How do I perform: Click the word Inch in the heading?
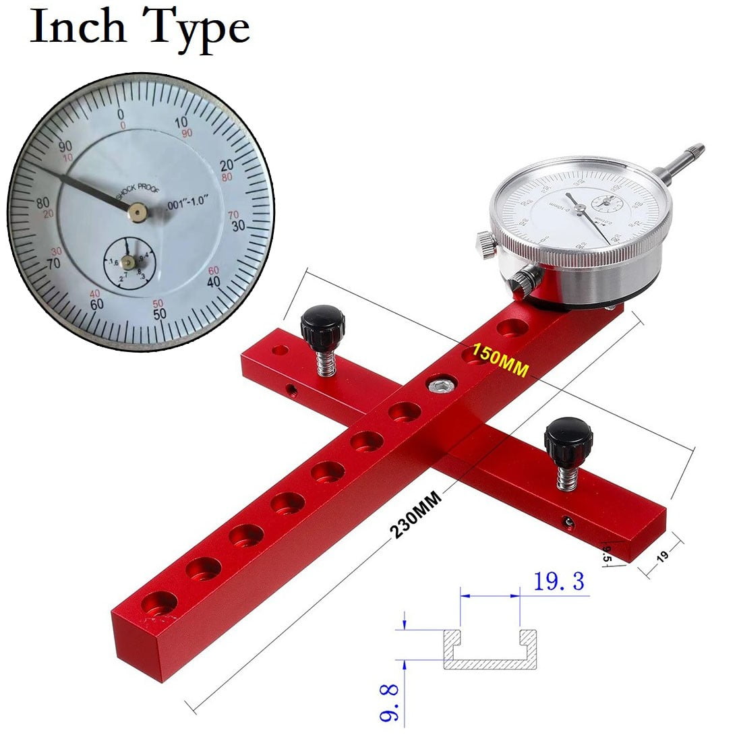click(78, 28)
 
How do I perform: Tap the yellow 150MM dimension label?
click(500, 355)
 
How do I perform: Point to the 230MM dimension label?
click(415, 514)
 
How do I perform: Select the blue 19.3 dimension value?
click(559, 581)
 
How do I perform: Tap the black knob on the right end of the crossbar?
click(568, 436)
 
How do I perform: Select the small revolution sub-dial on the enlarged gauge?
click(130, 264)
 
